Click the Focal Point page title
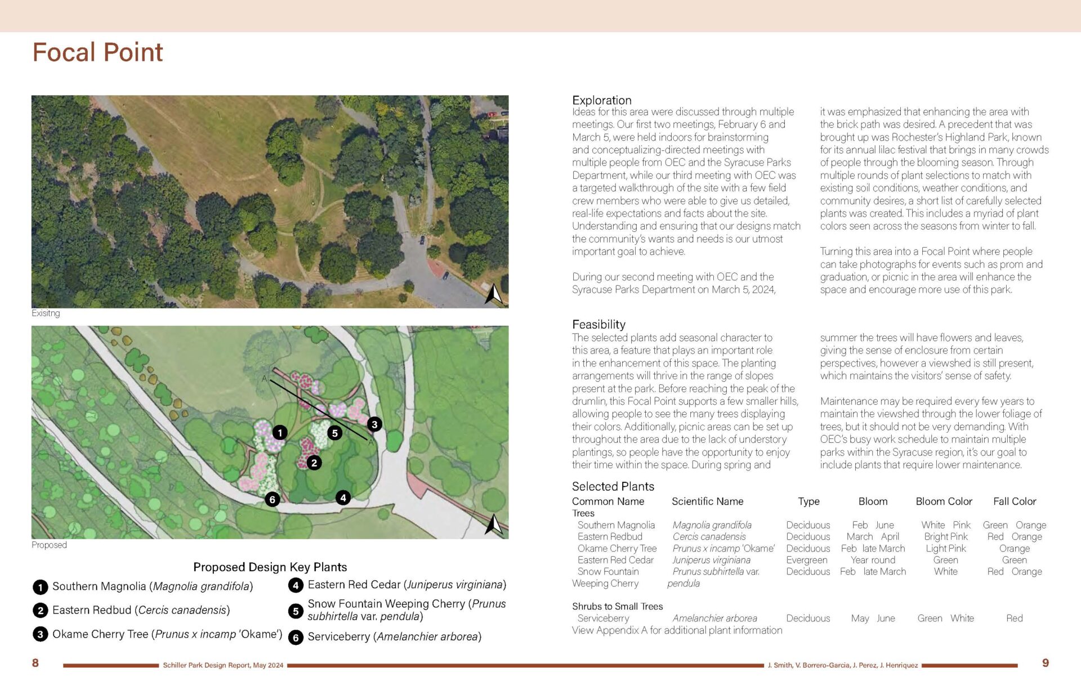click(97, 52)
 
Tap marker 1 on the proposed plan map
click(280, 432)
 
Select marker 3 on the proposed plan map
click(374, 424)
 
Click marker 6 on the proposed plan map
click(273, 499)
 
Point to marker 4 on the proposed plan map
click(343, 498)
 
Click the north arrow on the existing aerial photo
click(493, 294)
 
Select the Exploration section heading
click(601, 100)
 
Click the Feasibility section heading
click(598, 324)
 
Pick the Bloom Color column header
click(944, 501)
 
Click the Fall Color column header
click(1015, 501)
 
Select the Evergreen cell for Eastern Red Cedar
click(807, 560)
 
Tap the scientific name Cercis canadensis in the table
click(709, 537)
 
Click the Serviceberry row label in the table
click(603, 618)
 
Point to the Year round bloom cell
click(873, 560)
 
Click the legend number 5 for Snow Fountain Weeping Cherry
click(296, 611)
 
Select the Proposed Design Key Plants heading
click(270, 567)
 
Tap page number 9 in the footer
click(1045, 663)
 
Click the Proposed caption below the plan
click(49, 545)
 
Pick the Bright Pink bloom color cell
click(946, 537)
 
